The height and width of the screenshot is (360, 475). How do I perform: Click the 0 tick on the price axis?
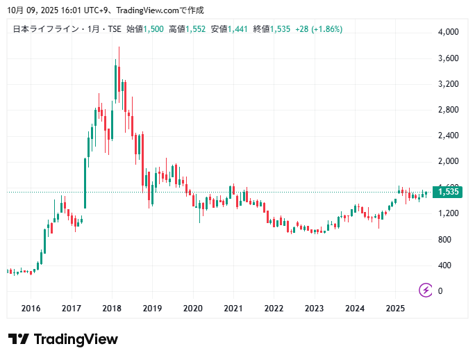click(440, 291)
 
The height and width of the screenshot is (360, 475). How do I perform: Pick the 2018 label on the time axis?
click(112, 309)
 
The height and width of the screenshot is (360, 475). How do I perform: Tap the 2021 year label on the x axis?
click(233, 309)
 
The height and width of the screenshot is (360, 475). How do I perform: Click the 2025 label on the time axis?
click(395, 309)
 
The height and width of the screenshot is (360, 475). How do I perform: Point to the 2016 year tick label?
click(31, 309)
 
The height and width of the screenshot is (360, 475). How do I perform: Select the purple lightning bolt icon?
click(425, 290)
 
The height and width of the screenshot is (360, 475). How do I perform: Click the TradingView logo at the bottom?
click(63, 339)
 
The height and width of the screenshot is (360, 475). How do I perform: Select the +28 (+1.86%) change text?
click(319, 29)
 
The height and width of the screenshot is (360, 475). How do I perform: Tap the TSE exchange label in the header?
click(113, 29)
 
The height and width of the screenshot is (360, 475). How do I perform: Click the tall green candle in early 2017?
click(85, 183)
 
